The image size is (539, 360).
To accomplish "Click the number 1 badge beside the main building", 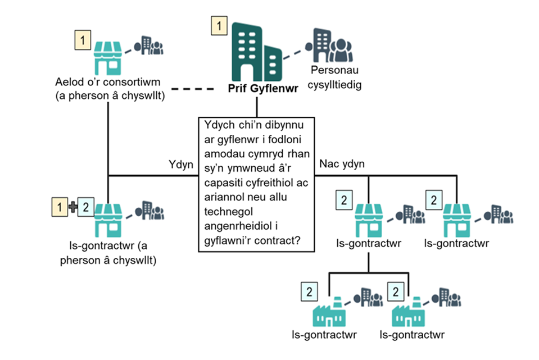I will click(x=219, y=25).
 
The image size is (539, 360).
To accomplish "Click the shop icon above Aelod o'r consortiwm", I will click(x=107, y=58).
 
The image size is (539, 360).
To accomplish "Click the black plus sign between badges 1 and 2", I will click(x=71, y=207).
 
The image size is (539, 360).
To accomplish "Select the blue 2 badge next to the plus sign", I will click(x=85, y=207).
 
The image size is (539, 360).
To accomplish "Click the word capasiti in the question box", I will click(x=223, y=184).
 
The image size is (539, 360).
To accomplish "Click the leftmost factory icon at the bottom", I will click(x=329, y=312).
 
